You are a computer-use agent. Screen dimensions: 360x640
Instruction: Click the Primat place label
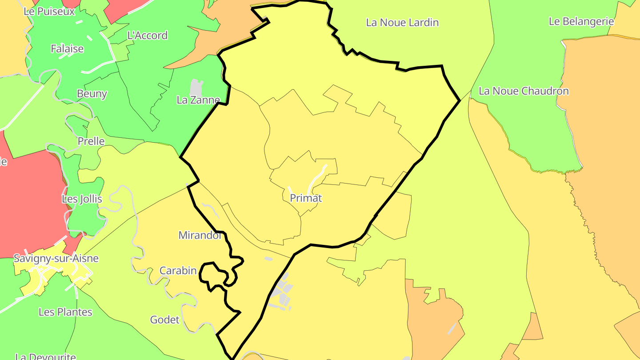coord(306,198)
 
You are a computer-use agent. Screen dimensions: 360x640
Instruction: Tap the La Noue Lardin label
coord(402,22)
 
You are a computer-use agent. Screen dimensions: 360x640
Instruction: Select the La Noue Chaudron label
coord(524,91)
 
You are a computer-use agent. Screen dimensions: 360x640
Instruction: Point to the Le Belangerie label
coord(581,21)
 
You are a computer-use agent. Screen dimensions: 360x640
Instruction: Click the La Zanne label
coord(198,100)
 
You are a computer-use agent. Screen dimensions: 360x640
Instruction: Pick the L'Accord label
coord(148,36)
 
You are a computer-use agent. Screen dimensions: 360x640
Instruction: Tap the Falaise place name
coord(67,49)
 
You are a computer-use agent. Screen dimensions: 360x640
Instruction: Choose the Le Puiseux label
coord(49,12)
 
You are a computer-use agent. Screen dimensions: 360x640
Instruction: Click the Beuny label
coord(92,94)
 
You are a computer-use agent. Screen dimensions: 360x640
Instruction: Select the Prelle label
coord(91,141)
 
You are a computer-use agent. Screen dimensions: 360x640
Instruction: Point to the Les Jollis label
coord(82,199)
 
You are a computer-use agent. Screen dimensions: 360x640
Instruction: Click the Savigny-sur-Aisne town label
coord(56,258)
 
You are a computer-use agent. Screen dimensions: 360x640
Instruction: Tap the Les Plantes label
coord(65,312)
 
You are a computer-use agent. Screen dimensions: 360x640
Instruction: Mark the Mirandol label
coord(200,236)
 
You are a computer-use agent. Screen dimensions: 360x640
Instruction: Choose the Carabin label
coord(178,271)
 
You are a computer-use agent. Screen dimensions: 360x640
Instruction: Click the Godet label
coord(165,320)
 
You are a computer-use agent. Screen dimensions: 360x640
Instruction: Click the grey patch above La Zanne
coord(196,87)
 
